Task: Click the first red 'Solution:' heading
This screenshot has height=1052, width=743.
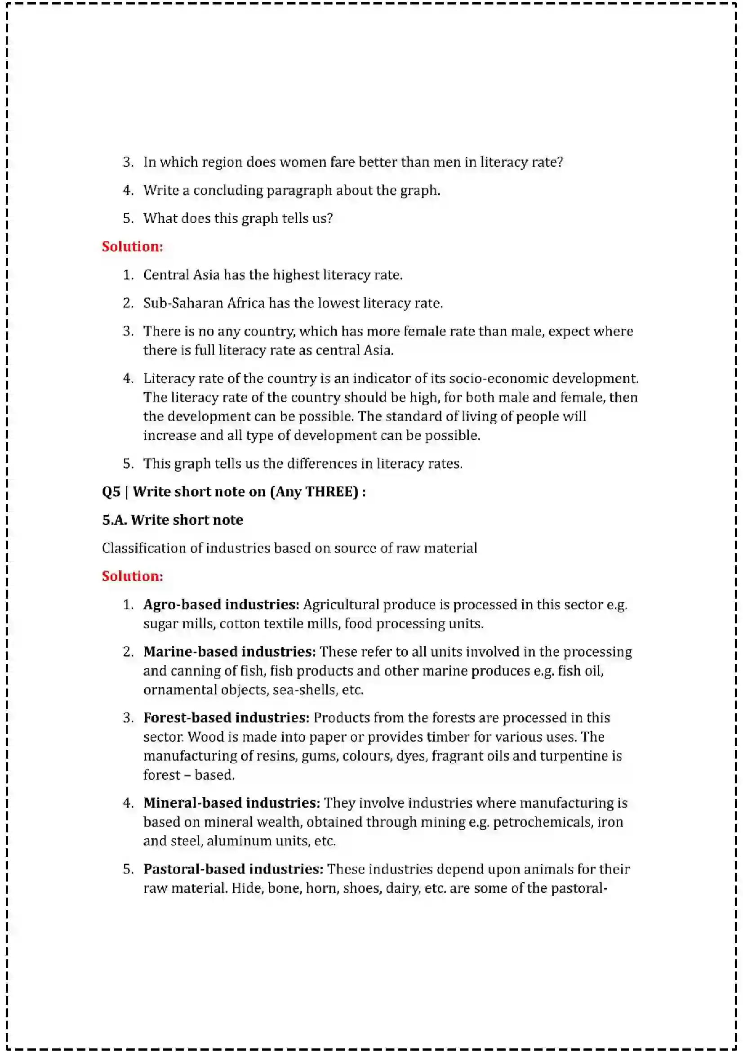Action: pos(132,246)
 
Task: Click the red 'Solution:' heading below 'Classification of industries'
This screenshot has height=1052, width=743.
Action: pos(132,576)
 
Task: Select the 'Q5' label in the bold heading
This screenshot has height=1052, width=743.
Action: pos(111,492)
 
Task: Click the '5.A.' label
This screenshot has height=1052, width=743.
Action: pos(115,520)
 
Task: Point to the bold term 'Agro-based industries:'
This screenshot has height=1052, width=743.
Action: pos(221,604)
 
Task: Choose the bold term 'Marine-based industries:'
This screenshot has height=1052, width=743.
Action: pos(229,652)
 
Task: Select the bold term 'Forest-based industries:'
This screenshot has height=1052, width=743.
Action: pos(227,717)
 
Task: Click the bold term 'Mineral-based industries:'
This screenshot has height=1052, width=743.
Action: pos(231,803)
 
